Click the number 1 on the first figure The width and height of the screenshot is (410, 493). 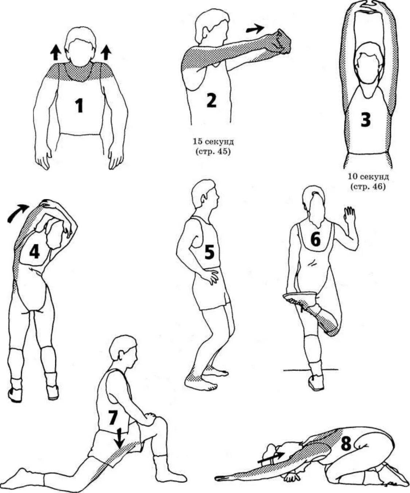pyautogui.click(x=79, y=106)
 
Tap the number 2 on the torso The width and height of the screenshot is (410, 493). pyautogui.click(x=211, y=100)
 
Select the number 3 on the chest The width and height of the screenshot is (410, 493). pyautogui.click(x=366, y=120)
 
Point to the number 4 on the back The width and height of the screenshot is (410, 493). pyautogui.click(x=34, y=252)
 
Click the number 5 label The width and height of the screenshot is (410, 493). pyautogui.click(x=209, y=252)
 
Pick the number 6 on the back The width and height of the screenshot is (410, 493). pyautogui.click(x=315, y=240)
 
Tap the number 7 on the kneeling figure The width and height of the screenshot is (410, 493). pyautogui.click(x=113, y=418)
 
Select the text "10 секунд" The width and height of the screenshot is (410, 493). pyautogui.click(x=368, y=177)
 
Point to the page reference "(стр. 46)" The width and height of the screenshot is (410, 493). pyautogui.click(x=368, y=187)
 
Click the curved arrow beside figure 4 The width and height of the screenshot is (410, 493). pyautogui.click(x=17, y=212)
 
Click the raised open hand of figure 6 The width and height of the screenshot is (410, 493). pyautogui.click(x=349, y=215)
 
